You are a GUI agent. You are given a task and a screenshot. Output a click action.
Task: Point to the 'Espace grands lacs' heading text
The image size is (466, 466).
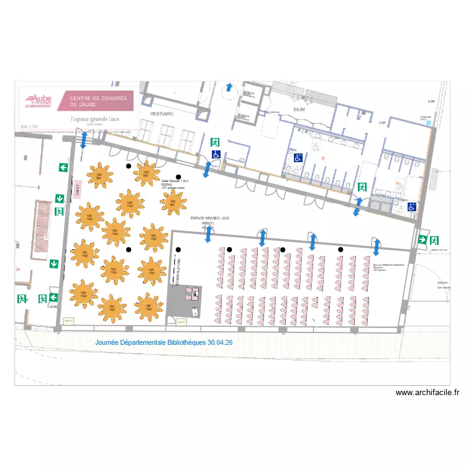[95, 119]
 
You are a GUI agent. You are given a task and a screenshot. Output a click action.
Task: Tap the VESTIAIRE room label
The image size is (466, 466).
[162, 114]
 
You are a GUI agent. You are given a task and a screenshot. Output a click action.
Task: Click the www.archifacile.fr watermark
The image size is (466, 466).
[427, 392]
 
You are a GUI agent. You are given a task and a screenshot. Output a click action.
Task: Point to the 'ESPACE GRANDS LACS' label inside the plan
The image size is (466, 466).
[209, 218]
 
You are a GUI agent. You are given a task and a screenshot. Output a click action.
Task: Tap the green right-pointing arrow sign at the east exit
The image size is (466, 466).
[422, 240]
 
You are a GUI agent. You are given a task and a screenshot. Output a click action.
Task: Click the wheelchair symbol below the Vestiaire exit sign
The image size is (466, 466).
[216, 153]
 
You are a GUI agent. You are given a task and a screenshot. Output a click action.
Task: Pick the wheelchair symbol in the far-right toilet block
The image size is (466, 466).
[412, 207]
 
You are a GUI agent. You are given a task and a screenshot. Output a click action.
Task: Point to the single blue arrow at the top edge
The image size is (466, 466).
[229, 88]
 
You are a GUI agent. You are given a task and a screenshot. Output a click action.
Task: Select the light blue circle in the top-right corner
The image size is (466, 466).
[428, 124]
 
